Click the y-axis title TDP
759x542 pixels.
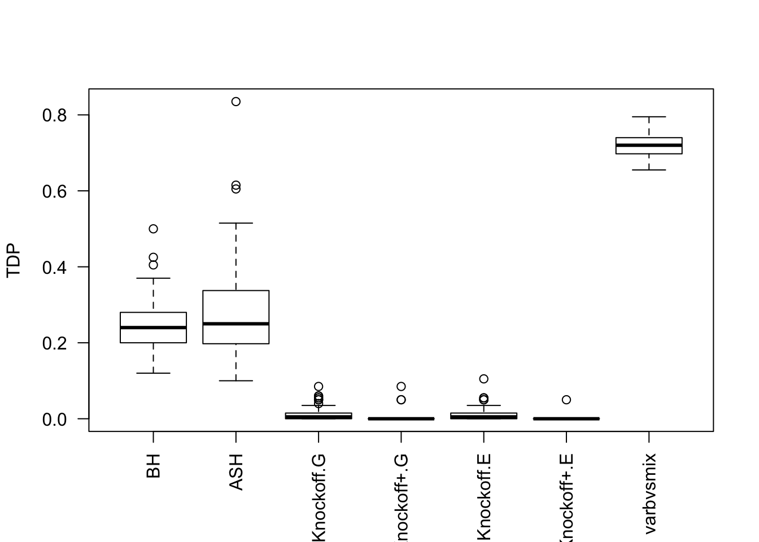[14, 260]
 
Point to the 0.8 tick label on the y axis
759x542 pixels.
[54, 115]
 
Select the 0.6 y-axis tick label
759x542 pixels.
[54, 191]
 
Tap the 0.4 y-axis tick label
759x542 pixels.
[54, 267]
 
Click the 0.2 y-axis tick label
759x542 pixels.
[54, 343]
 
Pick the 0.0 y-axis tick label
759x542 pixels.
[54, 419]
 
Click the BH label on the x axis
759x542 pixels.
[154, 465]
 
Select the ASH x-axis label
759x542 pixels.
[236, 472]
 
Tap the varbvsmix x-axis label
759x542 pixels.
[649, 493]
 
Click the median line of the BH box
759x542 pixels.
[154, 327]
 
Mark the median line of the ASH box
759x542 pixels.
[236, 324]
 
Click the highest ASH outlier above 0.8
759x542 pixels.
[236, 102]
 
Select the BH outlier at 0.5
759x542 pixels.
[154, 229]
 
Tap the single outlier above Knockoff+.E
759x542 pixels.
[566, 400]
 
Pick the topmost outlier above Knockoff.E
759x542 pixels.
[484, 379]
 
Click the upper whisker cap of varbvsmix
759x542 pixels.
[649, 117]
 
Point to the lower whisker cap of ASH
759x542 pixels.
[236, 381]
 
